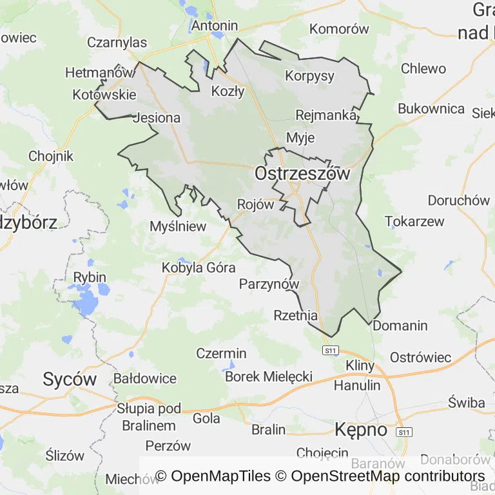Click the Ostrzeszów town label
click(302, 174)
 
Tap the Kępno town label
click(361, 429)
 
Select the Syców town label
click(70, 379)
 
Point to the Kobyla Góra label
click(199, 267)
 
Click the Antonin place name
click(215, 26)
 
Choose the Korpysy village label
click(310, 76)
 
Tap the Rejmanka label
click(326, 115)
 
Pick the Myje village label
click(300, 137)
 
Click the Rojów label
click(256, 204)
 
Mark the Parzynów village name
click(269, 284)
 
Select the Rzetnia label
click(296, 316)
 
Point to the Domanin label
click(400, 325)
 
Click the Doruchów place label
click(459, 200)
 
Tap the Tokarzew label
click(414, 222)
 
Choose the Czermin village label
click(221, 353)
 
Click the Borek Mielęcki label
click(269, 376)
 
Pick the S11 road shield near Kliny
click(331, 351)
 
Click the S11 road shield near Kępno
click(403, 431)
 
